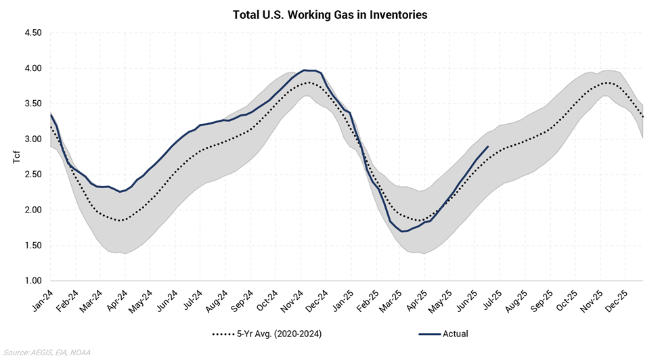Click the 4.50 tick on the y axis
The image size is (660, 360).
coord(32,33)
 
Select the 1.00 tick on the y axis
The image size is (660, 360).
coord(32,281)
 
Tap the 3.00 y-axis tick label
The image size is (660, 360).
coord(32,139)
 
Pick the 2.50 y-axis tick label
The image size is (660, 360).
coord(32,175)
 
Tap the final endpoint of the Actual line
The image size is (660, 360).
coord(488,147)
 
